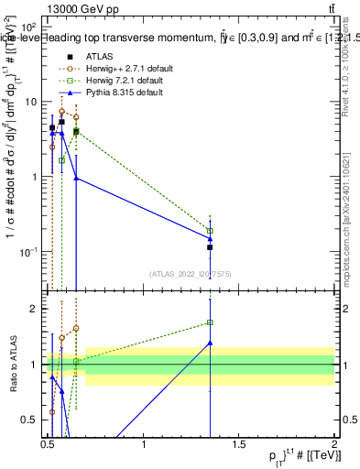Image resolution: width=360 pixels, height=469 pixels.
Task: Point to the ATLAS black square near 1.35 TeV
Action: [x=210, y=247]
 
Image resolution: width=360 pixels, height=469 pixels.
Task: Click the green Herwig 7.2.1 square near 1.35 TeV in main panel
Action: [x=210, y=231]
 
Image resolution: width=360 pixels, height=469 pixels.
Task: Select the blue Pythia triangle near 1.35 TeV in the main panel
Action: [x=210, y=239]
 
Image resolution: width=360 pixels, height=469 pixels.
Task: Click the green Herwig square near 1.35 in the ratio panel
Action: [x=210, y=322]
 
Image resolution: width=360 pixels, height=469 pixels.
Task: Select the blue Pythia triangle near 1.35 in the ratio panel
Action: [x=210, y=343]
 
